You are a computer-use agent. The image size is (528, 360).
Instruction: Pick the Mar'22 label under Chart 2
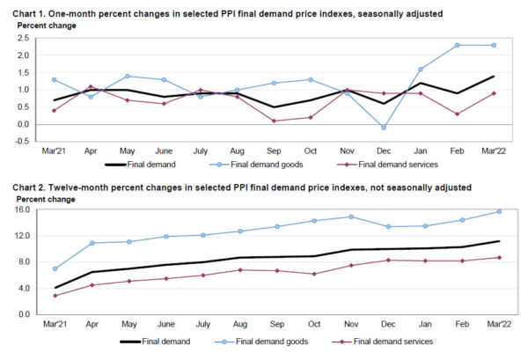499,325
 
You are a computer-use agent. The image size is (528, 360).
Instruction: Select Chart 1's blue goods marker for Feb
458,45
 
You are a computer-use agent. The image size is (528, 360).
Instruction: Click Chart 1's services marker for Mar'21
54,110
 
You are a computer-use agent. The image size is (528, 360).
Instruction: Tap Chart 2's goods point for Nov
351,217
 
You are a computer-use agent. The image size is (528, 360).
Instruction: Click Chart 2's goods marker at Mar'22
499,211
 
